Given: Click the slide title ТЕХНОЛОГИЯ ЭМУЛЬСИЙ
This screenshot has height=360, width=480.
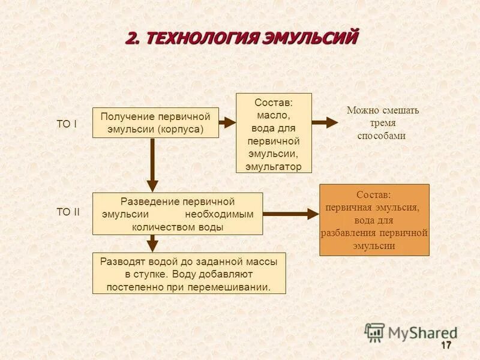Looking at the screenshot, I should [x=242, y=38].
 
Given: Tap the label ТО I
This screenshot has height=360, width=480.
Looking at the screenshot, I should [x=67, y=124].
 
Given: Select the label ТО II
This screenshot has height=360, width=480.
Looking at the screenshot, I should [x=68, y=212].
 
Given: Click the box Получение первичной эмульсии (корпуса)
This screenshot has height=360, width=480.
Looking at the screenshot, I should [x=155, y=122].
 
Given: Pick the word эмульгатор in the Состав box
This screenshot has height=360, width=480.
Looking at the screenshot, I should [x=274, y=167].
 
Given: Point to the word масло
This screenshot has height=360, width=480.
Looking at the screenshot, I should [x=274, y=114].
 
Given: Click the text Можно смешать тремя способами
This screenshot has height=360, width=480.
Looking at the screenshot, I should [x=382, y=123].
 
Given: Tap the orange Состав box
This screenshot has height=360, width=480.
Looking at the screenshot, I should [x=374, y=220].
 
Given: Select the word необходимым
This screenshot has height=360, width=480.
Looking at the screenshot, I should [x=219, y=214].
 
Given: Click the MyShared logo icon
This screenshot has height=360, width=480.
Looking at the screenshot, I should [x=375, y=332].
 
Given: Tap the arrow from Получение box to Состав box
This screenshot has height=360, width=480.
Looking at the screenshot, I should [x=227, y=122].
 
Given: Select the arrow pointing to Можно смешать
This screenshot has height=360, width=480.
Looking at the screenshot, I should [x=325, y=122].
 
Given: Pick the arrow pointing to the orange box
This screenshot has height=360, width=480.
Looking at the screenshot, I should [x=290, y=214].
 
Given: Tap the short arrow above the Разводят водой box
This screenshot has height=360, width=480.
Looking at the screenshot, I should [x=153, y=243].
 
